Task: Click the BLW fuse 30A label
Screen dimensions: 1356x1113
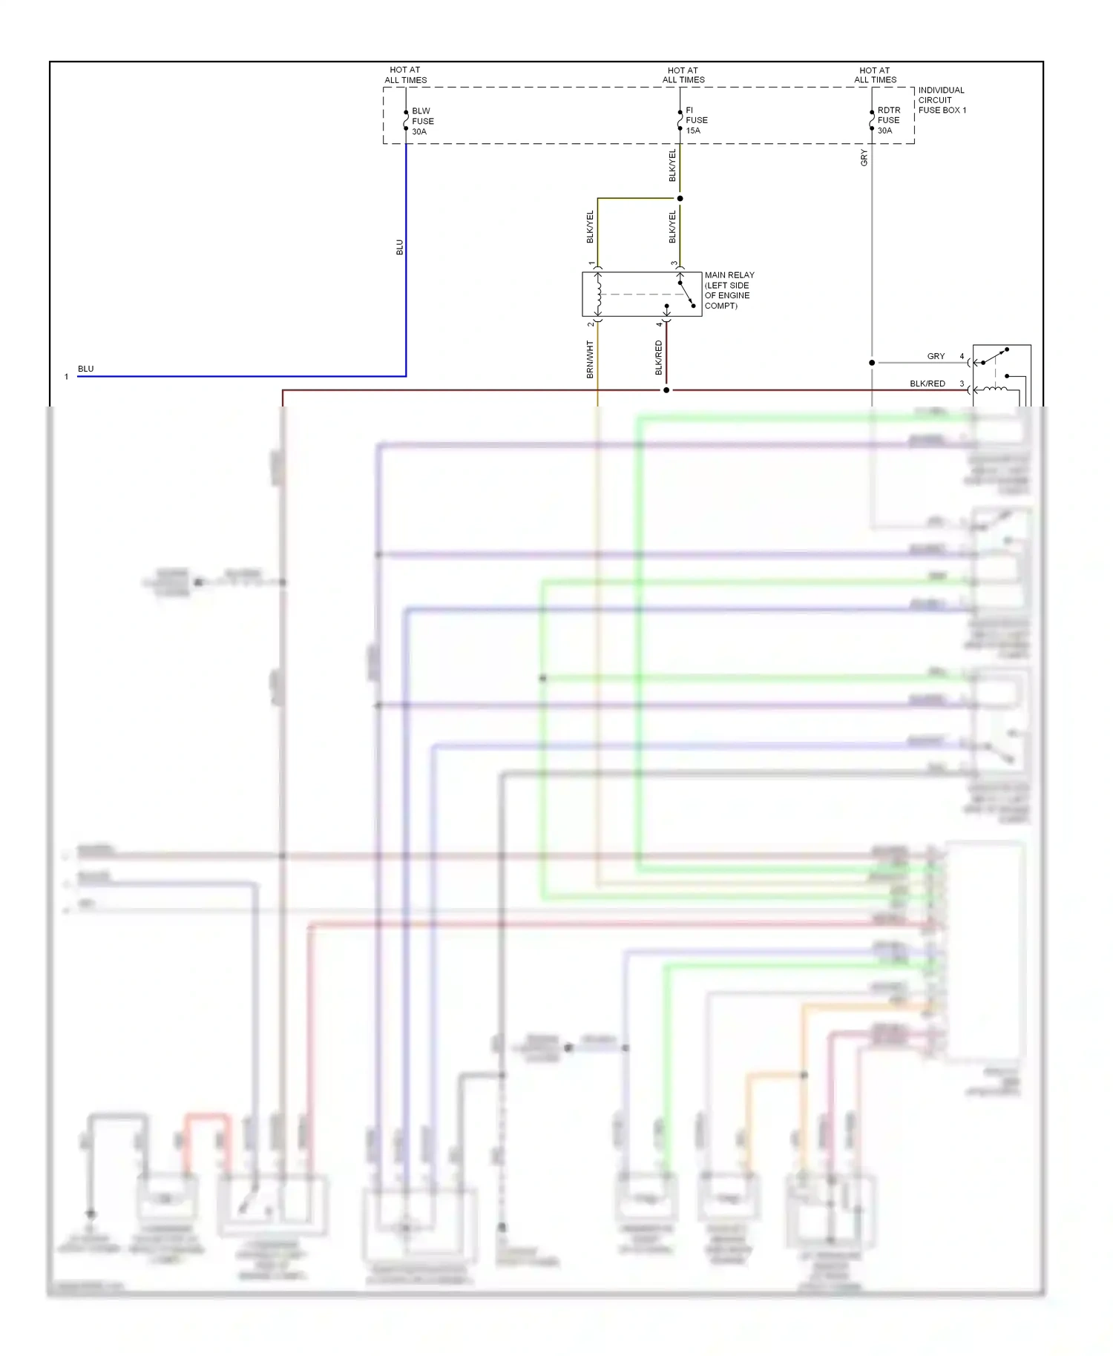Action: tap(422, 121)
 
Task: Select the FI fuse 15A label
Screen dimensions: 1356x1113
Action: tap(696, 120)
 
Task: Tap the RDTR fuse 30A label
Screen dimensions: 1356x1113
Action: tap(888, 120)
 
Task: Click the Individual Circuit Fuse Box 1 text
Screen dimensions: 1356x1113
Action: tap(942, 100)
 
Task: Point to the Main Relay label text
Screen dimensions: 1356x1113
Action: tap(729, 290)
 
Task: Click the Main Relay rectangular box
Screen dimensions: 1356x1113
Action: tap(642, 294)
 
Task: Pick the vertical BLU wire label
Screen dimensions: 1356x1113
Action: tap(399, 247)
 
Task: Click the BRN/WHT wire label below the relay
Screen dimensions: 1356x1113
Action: tap(590, 360)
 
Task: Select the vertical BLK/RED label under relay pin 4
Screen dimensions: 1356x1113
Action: tap(658, 358)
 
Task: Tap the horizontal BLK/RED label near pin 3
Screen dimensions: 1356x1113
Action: tap(927, 384)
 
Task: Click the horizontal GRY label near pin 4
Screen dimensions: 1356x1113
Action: tap(936, 356)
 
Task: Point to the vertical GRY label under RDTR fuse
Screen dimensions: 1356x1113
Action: tap(864, 157)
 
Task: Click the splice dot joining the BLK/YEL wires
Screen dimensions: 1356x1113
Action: tap(680, 198)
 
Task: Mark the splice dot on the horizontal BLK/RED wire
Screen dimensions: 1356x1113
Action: tap(666, 390)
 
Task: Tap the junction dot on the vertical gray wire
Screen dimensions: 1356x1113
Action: tap(872, 363)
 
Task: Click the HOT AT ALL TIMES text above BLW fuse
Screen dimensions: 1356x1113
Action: tap(405, 75)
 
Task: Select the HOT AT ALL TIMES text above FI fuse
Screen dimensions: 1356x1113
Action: tap(683, 75)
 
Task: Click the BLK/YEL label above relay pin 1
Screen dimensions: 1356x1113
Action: tap(590, 227)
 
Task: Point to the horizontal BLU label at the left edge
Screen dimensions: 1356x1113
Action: tap(86, 369)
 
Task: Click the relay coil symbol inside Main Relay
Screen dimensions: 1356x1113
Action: tap(599, 294)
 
